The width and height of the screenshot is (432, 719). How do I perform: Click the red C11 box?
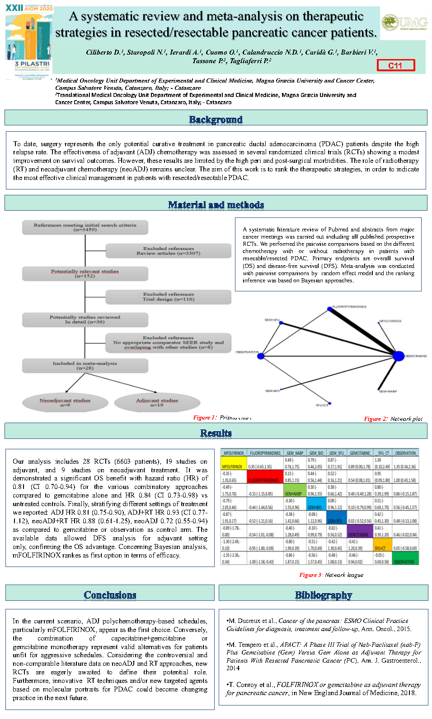pyautogui.click(x=396, y=65)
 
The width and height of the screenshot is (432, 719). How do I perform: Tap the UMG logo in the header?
pyautogui.click(x=404, y=22)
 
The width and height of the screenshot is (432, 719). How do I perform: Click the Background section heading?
pyautogui.click(x=216, y=120)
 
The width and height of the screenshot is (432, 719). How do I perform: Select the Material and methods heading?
pyautogui.click(x=216, y=205)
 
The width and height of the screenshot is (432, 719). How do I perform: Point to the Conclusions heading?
pyautogui.click(x=110, y=595)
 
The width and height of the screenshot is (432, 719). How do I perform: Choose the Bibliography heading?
pyautogui.click(x=324, y=595)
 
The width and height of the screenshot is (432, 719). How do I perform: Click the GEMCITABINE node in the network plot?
pyautogui.click(x=398, y=356)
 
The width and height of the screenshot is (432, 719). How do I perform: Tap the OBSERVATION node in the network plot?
pyautogui.click(x=261, y=356)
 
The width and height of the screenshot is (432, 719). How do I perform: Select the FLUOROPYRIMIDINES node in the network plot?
pyautogui.click(x=330, y=309)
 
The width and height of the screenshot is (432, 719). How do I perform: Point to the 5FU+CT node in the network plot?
pyautogui.click(x=329, y=403)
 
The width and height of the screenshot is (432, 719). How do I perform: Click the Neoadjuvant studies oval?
pyautogui.click(x=65, y=402)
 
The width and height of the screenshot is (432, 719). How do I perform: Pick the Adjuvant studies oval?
pyautogui.click(x=157, y=402)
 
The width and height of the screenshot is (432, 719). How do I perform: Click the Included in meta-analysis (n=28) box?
pyautogui.click(x=85, y=365)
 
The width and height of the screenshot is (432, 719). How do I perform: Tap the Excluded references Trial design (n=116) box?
pyautogui.click(x=168, y=297)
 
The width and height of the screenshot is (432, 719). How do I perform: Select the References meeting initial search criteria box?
pyautogui.click(x=85, y=227)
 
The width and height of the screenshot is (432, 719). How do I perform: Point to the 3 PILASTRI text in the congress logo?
pyautogui.click(x=32, y=64)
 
